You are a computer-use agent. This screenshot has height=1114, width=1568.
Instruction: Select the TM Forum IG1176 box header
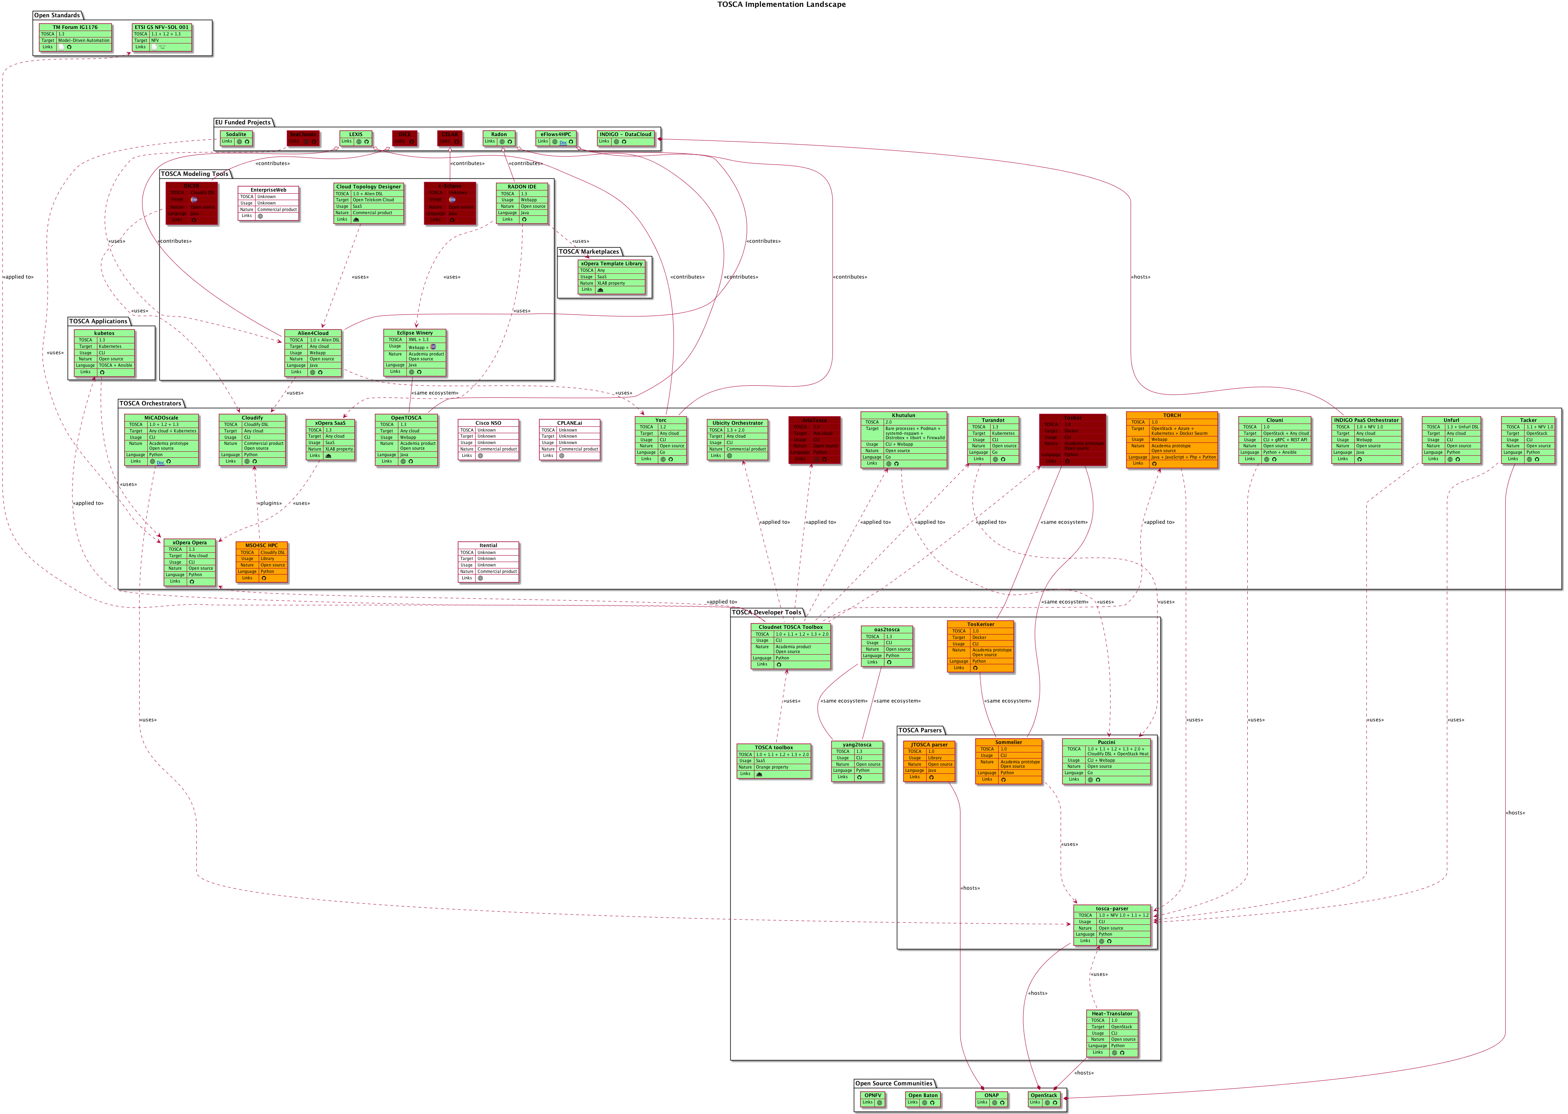click(x=75, y=27)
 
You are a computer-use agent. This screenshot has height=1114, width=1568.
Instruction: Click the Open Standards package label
click(x=57, y=15)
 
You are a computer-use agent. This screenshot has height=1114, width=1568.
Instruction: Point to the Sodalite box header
click(x=236, y=134)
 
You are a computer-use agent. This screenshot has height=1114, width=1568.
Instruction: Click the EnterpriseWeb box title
click(x=268, y=190)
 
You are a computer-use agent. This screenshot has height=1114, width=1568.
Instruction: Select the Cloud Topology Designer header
click(x=368, y=186)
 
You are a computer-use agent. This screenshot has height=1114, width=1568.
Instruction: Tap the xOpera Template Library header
click(x=612, y=263)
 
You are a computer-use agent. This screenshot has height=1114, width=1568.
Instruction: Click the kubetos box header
click(x=104, y=333)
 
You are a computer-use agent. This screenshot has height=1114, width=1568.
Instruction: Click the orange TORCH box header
click(x=1172, y=415)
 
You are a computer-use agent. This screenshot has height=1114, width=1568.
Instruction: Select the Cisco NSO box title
click(x=488, y=423)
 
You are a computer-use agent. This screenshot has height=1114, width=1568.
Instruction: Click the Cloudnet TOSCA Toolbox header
click(x=791, y=627)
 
